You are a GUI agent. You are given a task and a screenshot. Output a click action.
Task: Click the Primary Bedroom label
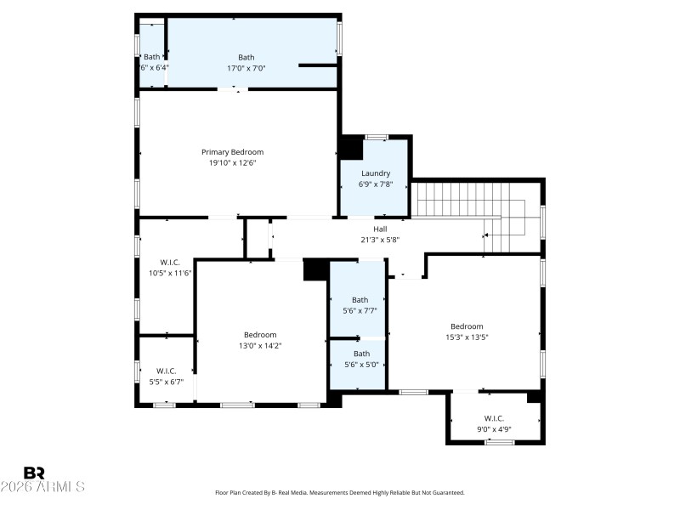(232, 152)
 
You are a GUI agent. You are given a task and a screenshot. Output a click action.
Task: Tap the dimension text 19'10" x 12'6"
(232, 162)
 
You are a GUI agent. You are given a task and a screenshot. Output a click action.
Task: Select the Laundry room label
(375, 173)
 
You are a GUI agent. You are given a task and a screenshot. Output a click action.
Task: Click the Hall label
(380, 229)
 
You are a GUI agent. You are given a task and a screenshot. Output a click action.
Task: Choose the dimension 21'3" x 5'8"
(380, 240)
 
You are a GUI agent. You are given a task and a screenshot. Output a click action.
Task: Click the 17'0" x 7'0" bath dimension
(246, 68)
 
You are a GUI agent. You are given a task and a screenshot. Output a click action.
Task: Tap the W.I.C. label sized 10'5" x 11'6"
(170, 263)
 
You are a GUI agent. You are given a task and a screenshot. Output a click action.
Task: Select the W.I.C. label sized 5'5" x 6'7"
(166, 371)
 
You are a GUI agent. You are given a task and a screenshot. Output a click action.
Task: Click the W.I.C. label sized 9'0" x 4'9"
(494, 418)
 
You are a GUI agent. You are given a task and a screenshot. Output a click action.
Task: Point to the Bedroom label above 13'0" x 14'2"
(260, 335)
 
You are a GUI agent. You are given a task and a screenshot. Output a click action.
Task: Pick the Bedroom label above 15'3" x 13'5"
(467, 326)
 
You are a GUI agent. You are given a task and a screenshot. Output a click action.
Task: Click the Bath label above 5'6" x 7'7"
(360, 299)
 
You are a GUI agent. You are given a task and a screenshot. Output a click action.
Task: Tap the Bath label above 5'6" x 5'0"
(361, 354)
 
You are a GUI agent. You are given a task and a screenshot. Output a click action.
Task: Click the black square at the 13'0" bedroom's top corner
(315, 269)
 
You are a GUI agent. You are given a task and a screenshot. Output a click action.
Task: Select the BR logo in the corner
(34, 473)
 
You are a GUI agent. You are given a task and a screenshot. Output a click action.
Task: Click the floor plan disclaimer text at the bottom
(339, 492)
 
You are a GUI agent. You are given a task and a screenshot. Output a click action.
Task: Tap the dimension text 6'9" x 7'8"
(375, 184)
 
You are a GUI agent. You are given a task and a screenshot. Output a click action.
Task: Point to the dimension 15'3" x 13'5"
(467, 337)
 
